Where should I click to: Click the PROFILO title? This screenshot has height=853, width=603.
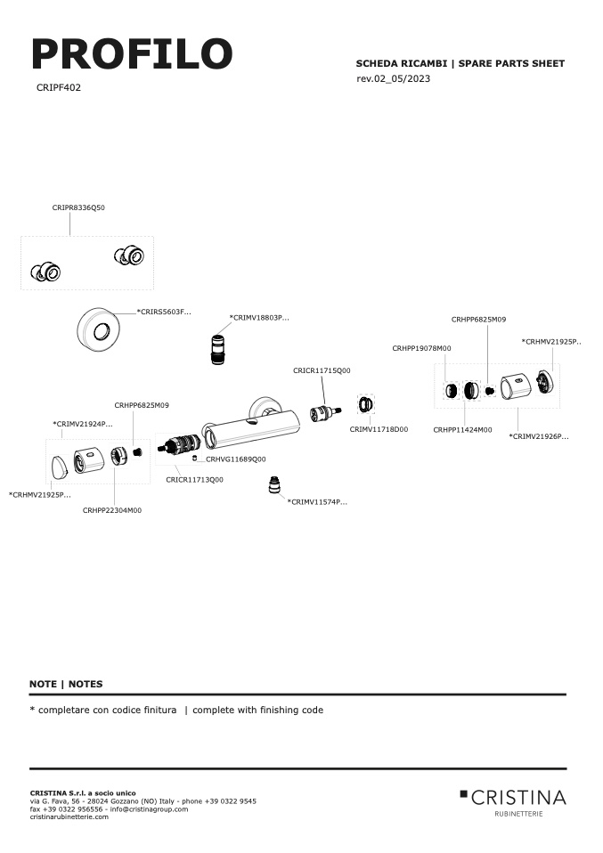click(x=132, y=53)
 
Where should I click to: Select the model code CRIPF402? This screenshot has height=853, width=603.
click(x=59, y=87)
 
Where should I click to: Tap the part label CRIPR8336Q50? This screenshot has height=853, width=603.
click(x=78, y=207)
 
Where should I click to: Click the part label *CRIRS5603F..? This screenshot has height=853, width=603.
click(x=164, y=312)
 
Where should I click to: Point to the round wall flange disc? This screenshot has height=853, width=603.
click(x=99, y=329)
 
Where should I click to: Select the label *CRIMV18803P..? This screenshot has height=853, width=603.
click(x=259, y=317)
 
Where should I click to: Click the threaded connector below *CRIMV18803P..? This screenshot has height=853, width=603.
click(x=217, y=350)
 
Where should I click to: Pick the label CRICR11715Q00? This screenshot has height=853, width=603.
click(x=322, y=370)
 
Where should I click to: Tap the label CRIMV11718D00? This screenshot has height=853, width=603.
click(x=379, y=429)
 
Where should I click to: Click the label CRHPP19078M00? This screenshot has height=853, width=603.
click(x=422, y=348)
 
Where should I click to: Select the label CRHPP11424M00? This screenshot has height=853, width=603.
click(x=462, y=430)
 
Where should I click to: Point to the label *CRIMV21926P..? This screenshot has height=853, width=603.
click(x=539, y=436)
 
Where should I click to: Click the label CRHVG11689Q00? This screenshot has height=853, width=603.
click(x=236, y=459)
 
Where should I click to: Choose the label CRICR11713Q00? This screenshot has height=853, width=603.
click(x=194, y=480)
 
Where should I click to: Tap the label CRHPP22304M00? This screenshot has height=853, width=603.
click(x=112, y=510)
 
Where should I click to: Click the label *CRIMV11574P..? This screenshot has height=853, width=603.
click(x=317, y=501)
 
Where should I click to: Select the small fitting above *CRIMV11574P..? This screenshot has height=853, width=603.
click(x=275, y=484)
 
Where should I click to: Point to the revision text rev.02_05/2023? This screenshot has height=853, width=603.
click(x=394, y=78)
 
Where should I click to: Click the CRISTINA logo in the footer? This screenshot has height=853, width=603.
click(x=513, y=802)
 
